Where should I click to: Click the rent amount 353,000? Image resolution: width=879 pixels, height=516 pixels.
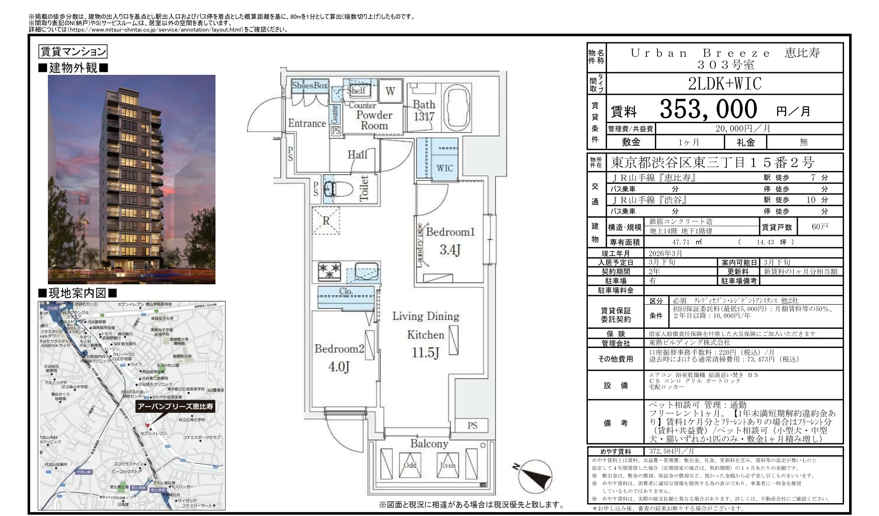(708, 109)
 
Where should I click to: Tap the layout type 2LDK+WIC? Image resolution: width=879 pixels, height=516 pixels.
(725, 84)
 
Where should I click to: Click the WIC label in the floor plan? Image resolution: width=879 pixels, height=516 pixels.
(444, 168)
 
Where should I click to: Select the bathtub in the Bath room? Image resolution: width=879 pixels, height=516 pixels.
(457, 109)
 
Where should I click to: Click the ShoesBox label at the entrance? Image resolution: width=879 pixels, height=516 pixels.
(310, 85)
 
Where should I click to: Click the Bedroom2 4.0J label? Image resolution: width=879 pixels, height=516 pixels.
(339, 357)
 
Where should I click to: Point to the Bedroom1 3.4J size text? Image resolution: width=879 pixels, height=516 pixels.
(450, 249)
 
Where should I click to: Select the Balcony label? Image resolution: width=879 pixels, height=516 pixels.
(429, 444)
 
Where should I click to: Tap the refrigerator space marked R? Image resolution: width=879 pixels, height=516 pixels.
(326, 221)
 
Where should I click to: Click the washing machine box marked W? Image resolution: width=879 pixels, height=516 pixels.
(390, 91)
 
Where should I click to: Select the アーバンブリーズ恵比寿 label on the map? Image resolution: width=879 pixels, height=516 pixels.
(175, 406)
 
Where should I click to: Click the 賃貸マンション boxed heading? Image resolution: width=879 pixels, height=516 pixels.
(73, 52)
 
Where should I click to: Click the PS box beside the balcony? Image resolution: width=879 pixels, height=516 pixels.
(472, 425)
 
